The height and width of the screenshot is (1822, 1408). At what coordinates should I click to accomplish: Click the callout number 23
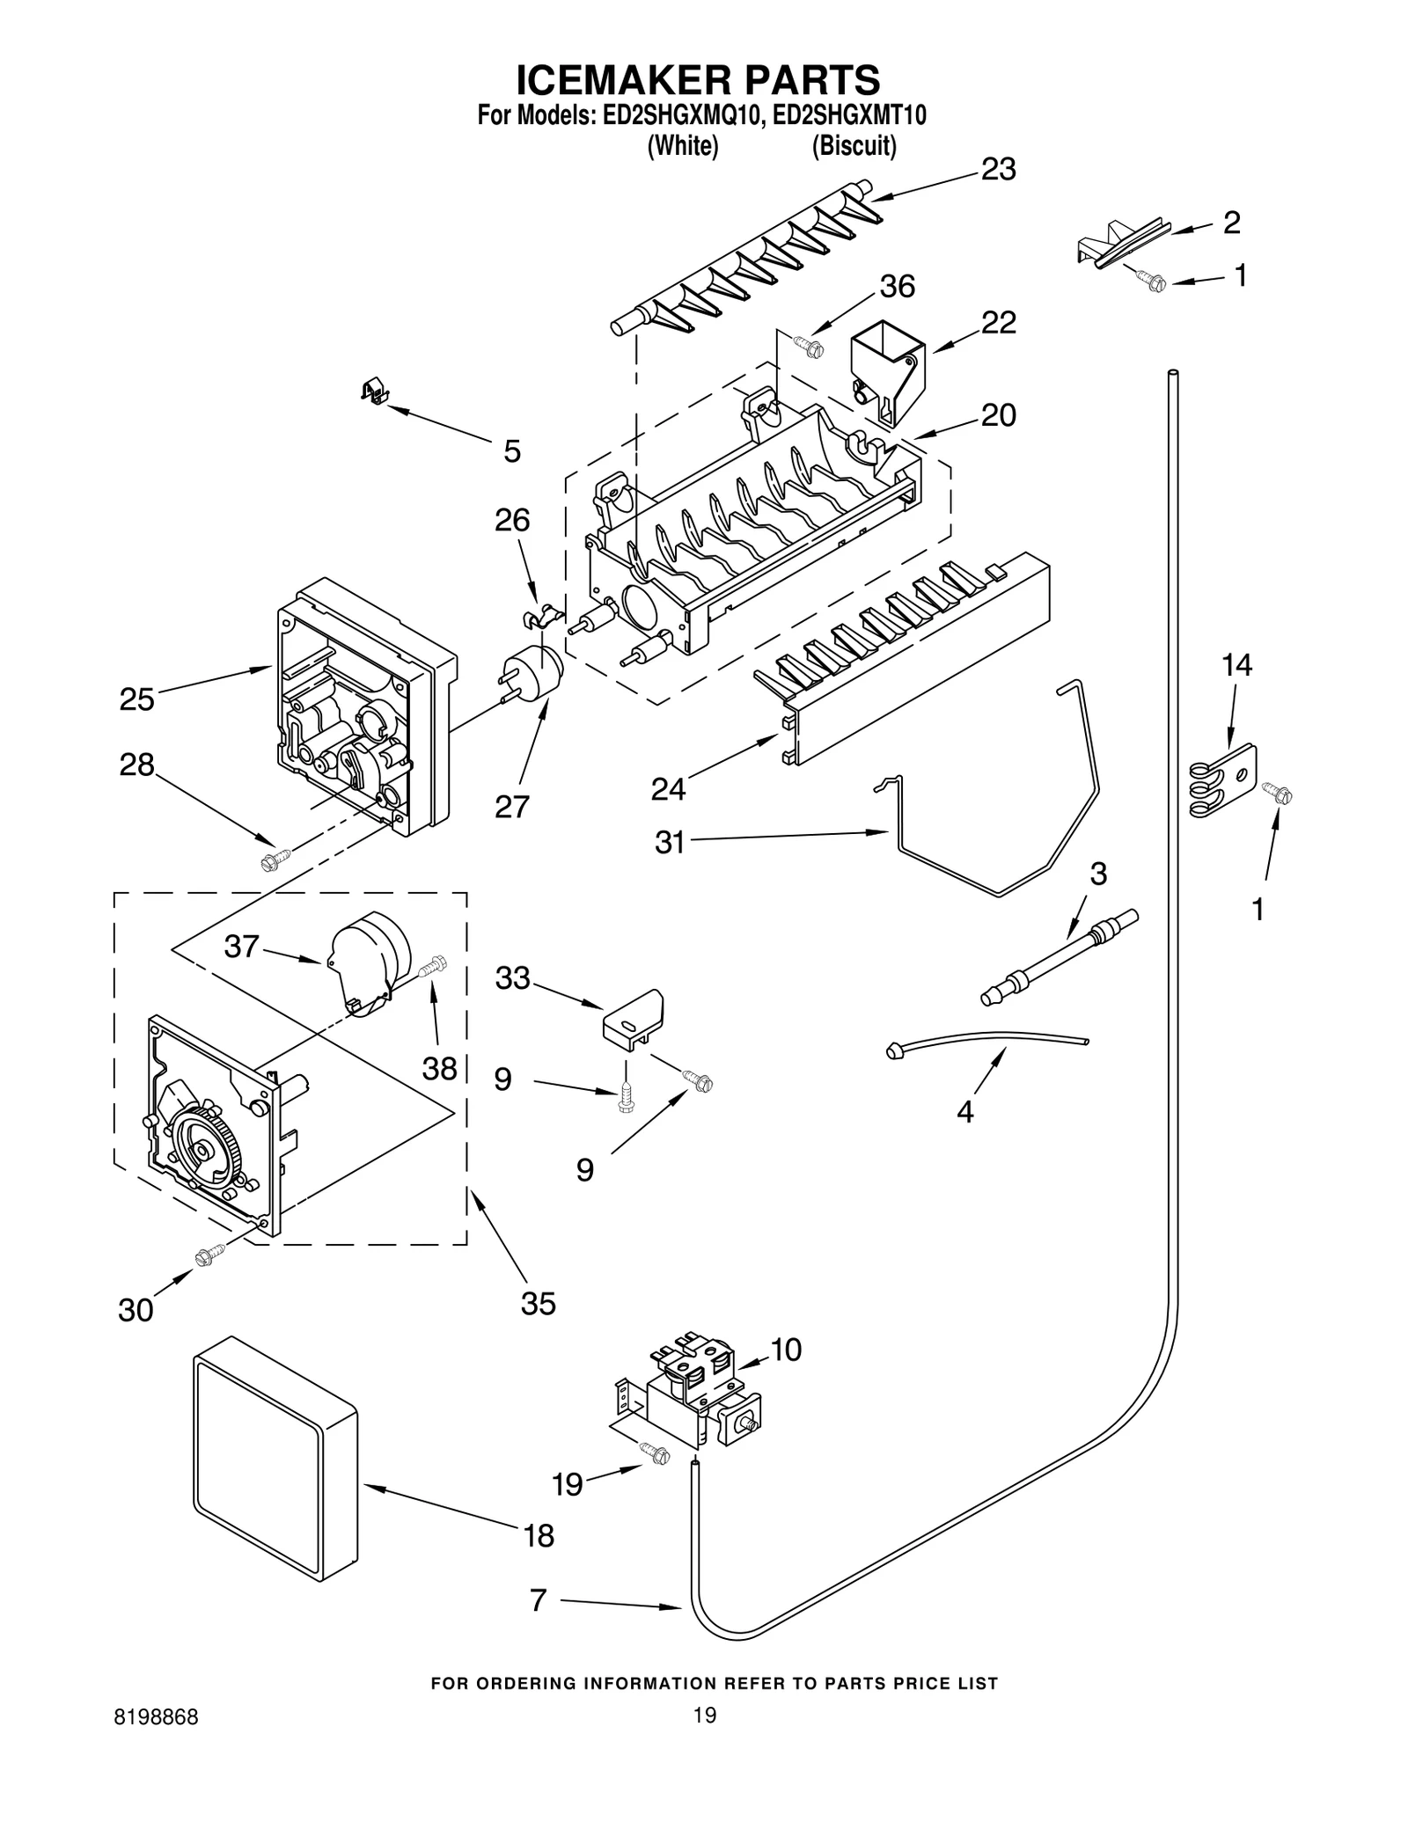[x=998, y=169]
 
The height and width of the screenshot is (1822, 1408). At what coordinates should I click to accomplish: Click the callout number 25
[x=136, y=700]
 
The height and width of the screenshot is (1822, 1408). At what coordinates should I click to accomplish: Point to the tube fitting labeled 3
[x=1060, y=957]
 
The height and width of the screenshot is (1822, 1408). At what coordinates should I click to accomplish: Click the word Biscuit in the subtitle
[x=854, y=146]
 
